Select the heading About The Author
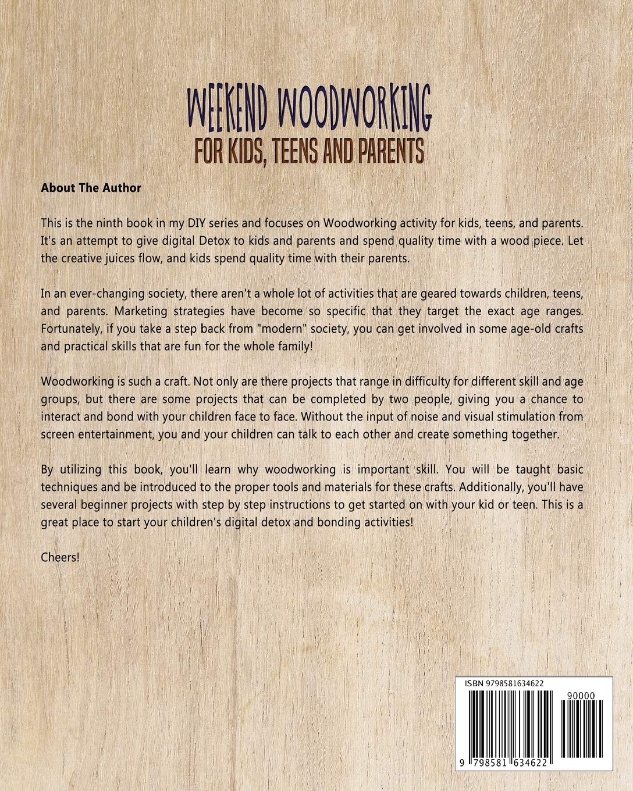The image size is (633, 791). [91, 188]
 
